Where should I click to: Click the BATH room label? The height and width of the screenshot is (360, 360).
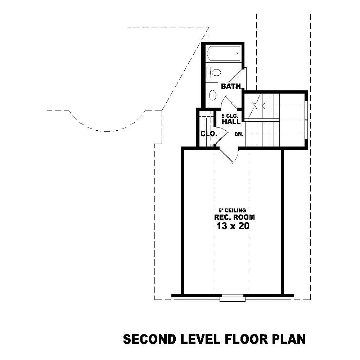pos(230,86)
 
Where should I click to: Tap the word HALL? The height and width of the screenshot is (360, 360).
pos(231,122)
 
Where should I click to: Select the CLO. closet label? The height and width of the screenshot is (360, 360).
pos(208,134)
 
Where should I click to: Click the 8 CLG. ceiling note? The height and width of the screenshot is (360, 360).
pos(230,116)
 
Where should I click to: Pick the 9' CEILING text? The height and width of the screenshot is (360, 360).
pos(232,211)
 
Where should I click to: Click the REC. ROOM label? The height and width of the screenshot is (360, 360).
pos(234,217)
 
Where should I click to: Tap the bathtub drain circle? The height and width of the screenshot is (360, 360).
pos(237,54)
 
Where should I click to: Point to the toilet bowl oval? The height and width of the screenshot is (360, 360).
pos(216,73)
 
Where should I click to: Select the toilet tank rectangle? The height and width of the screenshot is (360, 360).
pos(209,72)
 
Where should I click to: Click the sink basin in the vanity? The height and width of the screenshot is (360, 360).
pos(213,95)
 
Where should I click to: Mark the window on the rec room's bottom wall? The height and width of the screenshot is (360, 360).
pos(233,297)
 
